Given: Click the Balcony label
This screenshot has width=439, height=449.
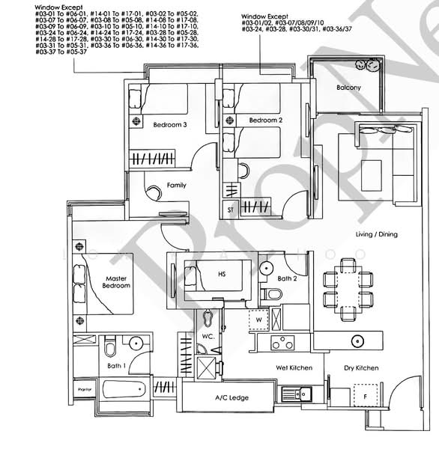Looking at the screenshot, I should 348,88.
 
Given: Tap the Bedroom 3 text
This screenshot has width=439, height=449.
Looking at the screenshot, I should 169,125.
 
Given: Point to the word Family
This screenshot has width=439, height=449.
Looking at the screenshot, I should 177,185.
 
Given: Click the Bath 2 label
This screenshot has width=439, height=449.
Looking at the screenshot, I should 287,279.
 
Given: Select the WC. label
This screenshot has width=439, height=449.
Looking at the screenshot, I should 207,335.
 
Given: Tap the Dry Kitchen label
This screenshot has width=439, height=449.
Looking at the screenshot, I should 361,367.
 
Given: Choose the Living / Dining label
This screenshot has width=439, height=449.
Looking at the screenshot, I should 377,234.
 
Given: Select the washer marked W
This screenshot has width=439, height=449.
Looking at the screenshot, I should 259,320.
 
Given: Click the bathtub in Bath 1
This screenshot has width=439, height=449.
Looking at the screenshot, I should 124,390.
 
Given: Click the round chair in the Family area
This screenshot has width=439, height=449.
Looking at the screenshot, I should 153,192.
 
